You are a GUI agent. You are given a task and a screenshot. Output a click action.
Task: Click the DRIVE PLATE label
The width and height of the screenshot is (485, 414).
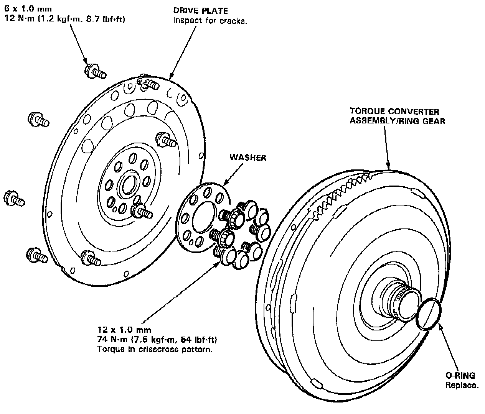tap(200, 11)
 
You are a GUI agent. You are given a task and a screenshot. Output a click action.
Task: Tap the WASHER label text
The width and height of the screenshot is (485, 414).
tap(247, 158)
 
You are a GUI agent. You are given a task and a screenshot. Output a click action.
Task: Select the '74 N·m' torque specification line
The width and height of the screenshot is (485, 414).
tap(157, 340)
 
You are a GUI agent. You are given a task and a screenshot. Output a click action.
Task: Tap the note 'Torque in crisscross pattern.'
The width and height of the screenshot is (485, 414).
tap(154, 350)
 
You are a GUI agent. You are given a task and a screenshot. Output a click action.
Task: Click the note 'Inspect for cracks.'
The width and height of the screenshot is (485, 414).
tap(210, 21)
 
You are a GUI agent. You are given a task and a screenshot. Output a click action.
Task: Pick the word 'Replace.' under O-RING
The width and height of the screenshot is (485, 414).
tap(462, 385)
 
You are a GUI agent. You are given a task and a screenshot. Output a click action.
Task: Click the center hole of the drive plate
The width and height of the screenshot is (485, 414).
tap(128, 186)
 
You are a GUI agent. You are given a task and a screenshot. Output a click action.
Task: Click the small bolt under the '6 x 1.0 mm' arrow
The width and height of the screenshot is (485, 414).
tap(94, 71)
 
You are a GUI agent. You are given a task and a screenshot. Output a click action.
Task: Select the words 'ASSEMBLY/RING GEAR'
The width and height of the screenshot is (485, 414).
tap(397, 122)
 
